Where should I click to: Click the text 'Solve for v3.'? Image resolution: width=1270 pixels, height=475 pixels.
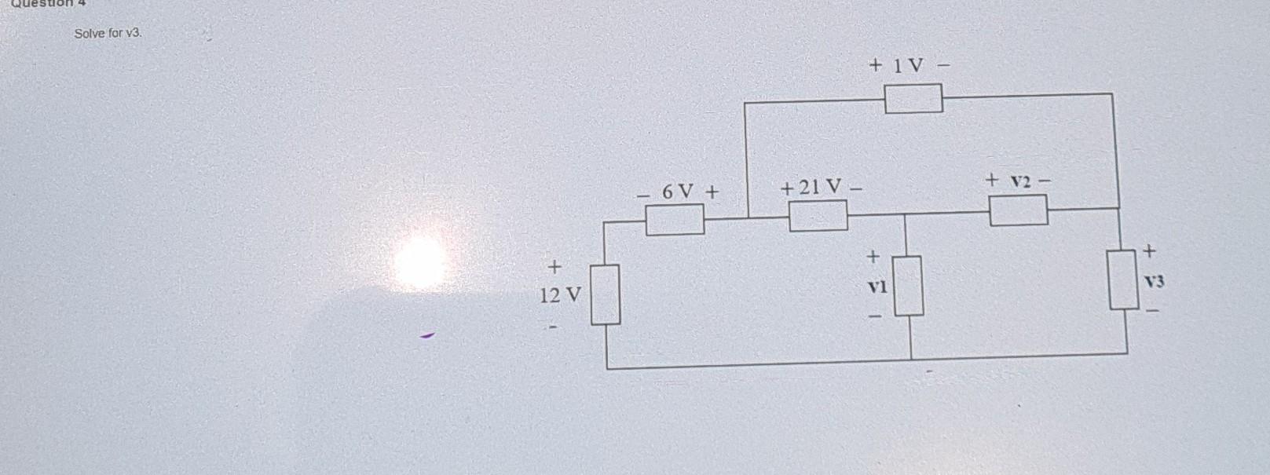tap(108, 33)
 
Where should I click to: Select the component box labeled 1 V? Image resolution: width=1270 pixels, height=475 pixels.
tap(913, 98)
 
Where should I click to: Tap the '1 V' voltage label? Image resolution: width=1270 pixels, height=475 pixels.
tap(907, 65)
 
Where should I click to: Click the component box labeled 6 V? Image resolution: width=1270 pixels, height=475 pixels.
tap(675, 219)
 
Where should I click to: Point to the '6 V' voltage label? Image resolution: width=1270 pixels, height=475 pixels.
tap(678, 191)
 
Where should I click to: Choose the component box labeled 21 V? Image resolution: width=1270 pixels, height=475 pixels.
tap(818, 215)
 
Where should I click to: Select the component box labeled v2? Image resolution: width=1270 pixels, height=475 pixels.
tap(1018, 210)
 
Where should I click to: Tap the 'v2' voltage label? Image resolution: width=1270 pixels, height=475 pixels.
tap(1019, 182)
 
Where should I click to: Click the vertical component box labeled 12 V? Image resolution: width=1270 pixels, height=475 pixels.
tap(606, 294)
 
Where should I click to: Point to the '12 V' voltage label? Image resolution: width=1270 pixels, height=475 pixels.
tap(560, 296)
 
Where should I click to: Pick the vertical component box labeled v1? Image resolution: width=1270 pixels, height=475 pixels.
tap(909, 286)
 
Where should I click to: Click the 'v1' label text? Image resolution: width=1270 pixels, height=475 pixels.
tap(877, 287)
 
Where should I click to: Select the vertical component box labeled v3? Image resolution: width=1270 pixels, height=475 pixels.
tap(1124, 280)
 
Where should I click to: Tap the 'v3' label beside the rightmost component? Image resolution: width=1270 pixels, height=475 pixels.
tap(1152, 280)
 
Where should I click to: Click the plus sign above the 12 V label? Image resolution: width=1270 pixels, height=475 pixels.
tap(554, 267)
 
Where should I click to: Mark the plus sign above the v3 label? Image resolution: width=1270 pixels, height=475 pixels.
tap(1150, 251)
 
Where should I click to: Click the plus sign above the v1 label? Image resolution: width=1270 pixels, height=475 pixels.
tap(872, 257)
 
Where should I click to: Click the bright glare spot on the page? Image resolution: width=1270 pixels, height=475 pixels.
tap(420, 260)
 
